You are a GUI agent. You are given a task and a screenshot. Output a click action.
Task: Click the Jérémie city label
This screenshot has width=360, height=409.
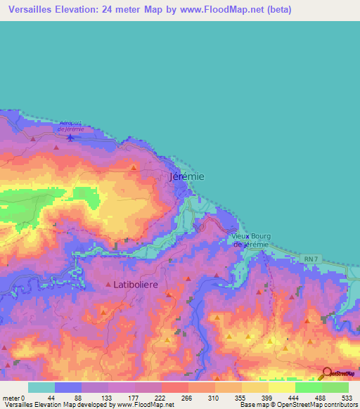pyautogui.click(x=188, y=177)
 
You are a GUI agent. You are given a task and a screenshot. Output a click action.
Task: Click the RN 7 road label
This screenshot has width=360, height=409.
pyautogui.click(x=311, y=260)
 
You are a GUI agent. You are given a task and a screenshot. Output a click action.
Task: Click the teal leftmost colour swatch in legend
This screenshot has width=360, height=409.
pyautogui.click(x=41, y=388)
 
